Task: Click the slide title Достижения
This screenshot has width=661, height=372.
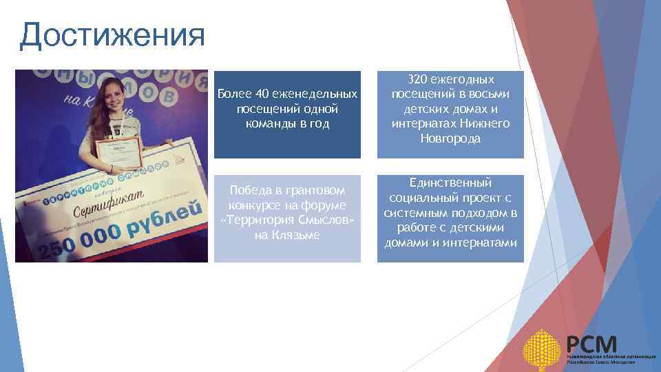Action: coord(112,35)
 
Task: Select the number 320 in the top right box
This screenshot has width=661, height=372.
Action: coord(419,79)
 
